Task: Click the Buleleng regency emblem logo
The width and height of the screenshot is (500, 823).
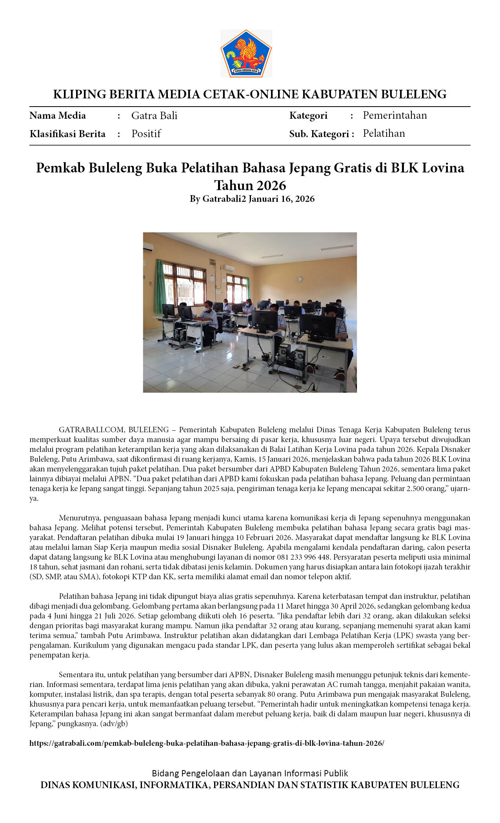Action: [x=246, y=53]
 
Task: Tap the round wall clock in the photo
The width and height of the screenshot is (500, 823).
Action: [x=300, y=279]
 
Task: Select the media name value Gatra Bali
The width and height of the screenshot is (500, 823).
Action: [x=154, y=116]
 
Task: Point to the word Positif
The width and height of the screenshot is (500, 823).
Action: [x=146, y=134]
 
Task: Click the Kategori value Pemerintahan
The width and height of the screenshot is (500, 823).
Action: [x=395, y=115]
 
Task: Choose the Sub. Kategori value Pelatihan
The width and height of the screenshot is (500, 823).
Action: [x=384, y=133]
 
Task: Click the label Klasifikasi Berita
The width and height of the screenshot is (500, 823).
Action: [x=67, y=134]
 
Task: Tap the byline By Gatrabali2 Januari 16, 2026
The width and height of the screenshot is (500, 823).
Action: [x=252, y=199]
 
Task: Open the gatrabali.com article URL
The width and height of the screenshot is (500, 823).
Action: [x=207, y=743]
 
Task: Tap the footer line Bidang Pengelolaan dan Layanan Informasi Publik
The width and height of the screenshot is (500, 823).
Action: [x=250, y=773]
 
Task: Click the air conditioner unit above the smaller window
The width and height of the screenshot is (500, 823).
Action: [x=229, y=268]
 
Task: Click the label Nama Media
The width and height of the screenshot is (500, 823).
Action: [x=58, y=116]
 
